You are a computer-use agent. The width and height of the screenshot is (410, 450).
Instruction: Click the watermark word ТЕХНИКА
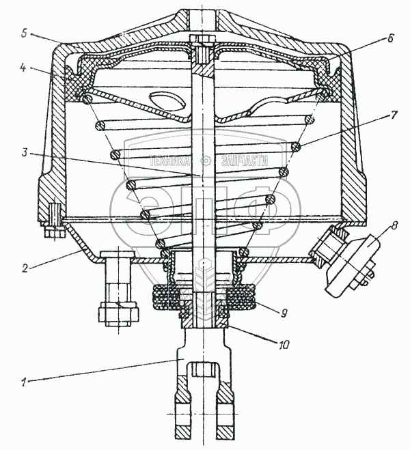(175, 159)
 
